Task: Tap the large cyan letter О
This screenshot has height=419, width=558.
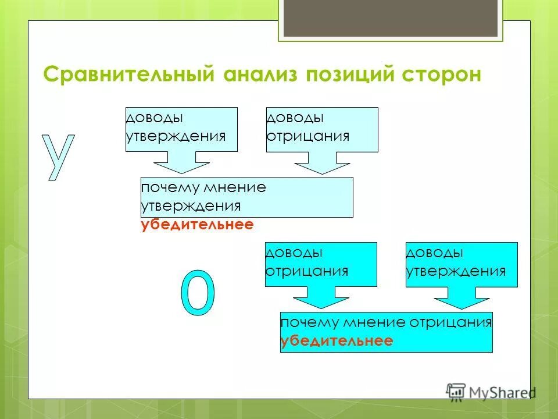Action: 198,293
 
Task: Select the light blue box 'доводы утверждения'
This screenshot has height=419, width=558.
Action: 181,129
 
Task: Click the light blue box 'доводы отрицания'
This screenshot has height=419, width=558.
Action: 322,129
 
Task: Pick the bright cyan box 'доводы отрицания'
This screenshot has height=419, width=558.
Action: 321,264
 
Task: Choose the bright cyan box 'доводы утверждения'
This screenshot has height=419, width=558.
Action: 462,264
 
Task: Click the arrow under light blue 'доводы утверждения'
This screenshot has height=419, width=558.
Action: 181,162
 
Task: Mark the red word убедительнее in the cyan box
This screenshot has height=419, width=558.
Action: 337,341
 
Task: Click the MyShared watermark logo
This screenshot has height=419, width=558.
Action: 491,392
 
